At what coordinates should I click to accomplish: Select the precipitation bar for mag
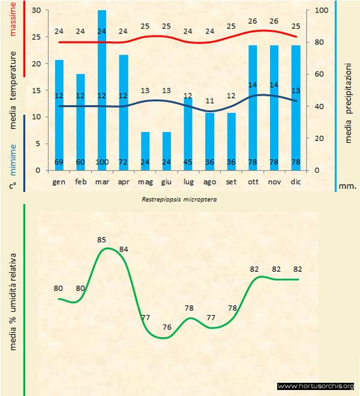tap(145, 150)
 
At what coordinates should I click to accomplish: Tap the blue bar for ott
tap(253, 108)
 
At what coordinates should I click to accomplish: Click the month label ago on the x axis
tap(209, 181)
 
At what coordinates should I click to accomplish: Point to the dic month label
tap(296, 181)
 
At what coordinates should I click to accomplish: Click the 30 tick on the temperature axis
tap(36, 11)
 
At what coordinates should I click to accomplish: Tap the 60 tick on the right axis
tap(318, 74)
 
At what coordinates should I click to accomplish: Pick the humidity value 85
tap(101, 240)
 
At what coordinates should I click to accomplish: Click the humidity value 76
tap(167, 327)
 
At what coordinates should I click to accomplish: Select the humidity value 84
tap(124, 249)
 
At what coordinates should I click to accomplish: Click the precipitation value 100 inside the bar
tap(102, 163)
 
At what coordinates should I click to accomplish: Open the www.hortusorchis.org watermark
tap(316, 386)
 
